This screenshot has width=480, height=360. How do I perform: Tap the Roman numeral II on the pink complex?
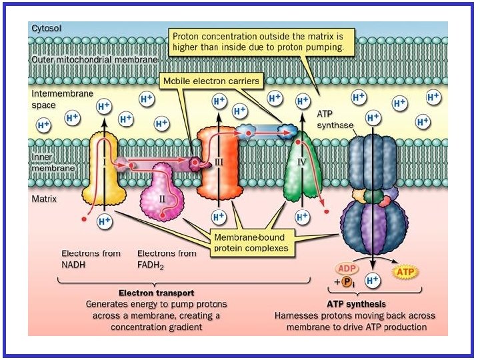tap(162, 199)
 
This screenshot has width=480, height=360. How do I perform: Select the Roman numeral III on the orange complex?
tap(218, 161)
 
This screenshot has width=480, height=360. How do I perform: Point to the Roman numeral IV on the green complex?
tap(302, 161)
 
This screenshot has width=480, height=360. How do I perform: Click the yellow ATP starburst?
tap(405, 272)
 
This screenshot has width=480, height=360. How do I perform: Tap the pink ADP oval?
tap(347, 269)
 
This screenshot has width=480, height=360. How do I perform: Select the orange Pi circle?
tap(346, 281)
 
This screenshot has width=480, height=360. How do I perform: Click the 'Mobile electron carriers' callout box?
tap(211, 81)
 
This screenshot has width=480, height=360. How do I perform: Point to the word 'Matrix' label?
tap(44, 199)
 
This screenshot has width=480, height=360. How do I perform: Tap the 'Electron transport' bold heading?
tap(157, 293)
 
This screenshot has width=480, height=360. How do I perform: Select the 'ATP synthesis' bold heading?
tap(356, 304)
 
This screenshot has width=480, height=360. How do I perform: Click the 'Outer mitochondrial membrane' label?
tap(95, 59)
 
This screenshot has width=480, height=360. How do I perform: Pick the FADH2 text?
tap(150, 265)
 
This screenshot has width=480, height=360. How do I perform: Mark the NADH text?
tap(73, 265)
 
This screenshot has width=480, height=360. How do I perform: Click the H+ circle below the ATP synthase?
tap(373, 281)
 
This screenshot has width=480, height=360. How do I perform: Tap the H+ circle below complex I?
tap(105, 221)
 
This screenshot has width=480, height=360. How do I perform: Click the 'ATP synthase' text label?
tap(335, 120)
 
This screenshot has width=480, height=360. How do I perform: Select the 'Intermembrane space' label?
tap(62, 99)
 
